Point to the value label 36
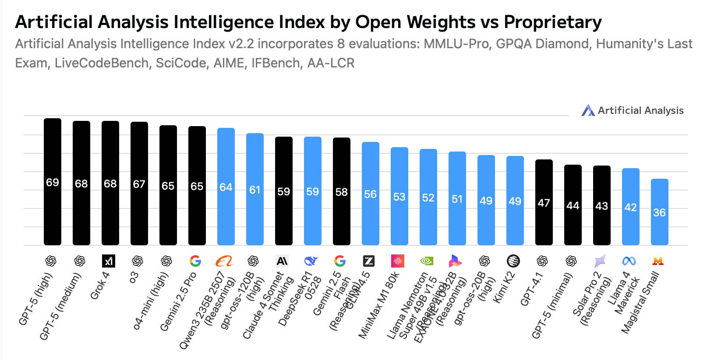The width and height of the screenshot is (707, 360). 660,213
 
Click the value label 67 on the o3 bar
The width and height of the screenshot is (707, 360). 139,184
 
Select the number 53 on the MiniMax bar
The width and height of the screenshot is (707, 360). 399,197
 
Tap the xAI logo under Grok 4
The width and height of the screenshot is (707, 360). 109,261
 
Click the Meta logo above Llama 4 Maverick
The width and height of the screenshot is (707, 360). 629,261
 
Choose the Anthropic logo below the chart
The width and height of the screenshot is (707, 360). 282,261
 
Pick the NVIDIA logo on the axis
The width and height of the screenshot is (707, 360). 427,261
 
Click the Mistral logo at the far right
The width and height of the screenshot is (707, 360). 658,261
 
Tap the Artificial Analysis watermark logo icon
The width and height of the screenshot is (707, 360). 588,110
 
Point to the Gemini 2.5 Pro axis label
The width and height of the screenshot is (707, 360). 178,302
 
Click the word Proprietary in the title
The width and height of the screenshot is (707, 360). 553,22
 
